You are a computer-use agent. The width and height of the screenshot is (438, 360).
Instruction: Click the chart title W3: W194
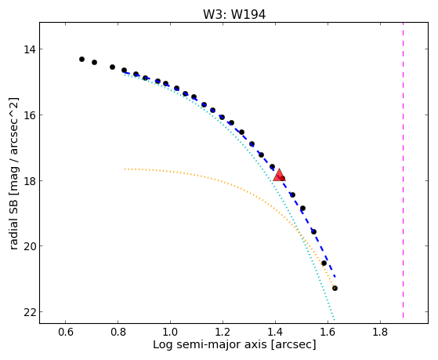(234, 15)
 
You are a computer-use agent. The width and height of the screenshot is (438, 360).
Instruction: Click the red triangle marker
(279, 175)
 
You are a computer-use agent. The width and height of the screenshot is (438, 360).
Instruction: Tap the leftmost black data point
(81, 59)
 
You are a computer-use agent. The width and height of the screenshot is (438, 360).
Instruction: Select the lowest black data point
(335, 288)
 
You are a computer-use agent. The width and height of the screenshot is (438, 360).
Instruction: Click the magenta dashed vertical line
(403, 170)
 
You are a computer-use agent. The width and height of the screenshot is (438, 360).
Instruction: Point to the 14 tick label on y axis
(30, 49)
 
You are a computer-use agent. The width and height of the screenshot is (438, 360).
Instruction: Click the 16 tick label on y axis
(30, 115)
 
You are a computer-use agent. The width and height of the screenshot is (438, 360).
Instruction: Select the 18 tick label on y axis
(30, 181)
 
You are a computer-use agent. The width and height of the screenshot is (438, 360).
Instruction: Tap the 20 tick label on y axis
(30, 246)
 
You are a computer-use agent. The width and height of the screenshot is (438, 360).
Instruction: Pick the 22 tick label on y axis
(30, 312)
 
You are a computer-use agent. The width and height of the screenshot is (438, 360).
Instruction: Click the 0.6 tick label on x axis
(65, 332)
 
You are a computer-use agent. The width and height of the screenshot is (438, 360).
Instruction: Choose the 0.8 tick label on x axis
(118, 332)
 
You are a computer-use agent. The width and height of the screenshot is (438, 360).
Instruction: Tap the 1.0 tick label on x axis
(170, 332)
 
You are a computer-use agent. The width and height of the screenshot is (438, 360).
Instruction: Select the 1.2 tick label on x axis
(223, 332)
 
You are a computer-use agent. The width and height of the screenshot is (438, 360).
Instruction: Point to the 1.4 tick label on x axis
(275, 332)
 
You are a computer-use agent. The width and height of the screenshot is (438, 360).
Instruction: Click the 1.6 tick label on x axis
(328, 332)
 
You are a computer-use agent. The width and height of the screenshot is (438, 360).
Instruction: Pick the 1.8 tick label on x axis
(380, 332)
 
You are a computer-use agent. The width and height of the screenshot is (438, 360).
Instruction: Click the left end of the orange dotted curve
(125, 169)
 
